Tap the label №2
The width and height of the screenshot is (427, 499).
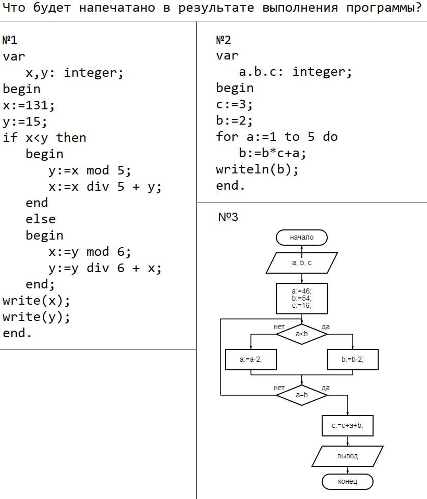[223, 40]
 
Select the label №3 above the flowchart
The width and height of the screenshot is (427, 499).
[228, 217]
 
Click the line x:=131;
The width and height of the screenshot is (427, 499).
[29, 105]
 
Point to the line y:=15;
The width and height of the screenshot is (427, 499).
[25, 122]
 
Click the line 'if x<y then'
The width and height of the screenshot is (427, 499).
[44, 138]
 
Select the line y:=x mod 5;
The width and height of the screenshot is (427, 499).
[90, 170]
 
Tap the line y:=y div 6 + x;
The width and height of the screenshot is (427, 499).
[105, 268]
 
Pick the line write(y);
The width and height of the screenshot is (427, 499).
[36, 317]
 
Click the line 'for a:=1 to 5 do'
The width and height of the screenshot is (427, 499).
[276, 137]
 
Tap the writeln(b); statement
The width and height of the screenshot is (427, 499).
[257, 169]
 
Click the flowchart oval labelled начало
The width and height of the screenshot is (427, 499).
[302, 238]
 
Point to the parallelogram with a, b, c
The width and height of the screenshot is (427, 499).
[302, 263]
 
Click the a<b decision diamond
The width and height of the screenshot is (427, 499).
[302, 334]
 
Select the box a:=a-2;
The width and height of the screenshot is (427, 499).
[251, 360]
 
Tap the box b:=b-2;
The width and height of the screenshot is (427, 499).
[353, 360]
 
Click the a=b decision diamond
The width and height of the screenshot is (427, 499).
[302, 395]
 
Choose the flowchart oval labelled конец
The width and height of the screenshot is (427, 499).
[348, 481]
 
